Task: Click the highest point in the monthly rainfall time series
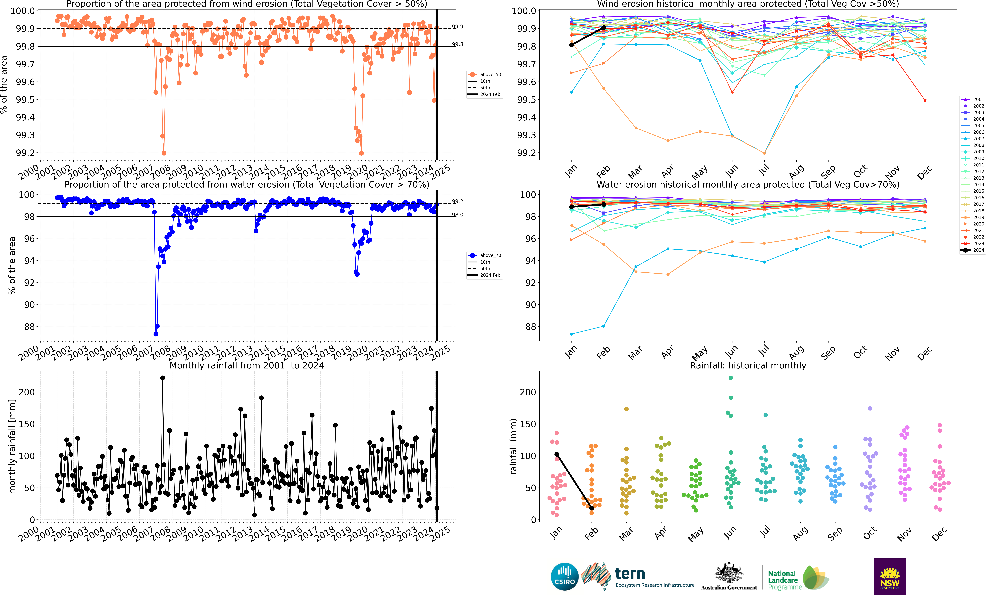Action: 163,378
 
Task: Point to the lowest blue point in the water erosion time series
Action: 156,334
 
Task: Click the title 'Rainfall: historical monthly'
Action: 748,365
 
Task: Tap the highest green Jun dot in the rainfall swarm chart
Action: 731,378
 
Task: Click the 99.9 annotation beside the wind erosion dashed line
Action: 457,26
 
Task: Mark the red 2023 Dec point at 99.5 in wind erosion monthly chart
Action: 925,100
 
